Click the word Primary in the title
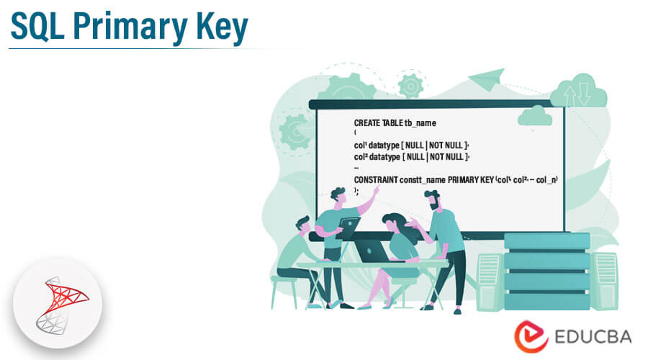[130, 27]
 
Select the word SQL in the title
[37, 27]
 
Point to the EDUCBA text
[593, 337]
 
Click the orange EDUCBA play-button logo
[531, 336]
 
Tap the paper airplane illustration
[487, 79]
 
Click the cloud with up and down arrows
[580, 91]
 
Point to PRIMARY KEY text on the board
[471, 180]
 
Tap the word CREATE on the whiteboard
[367, 123]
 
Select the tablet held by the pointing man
[348, 228]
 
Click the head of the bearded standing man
[433, 200]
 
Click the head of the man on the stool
[303, 225]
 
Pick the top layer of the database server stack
[546, 241]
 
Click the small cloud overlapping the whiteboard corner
[535, 116]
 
